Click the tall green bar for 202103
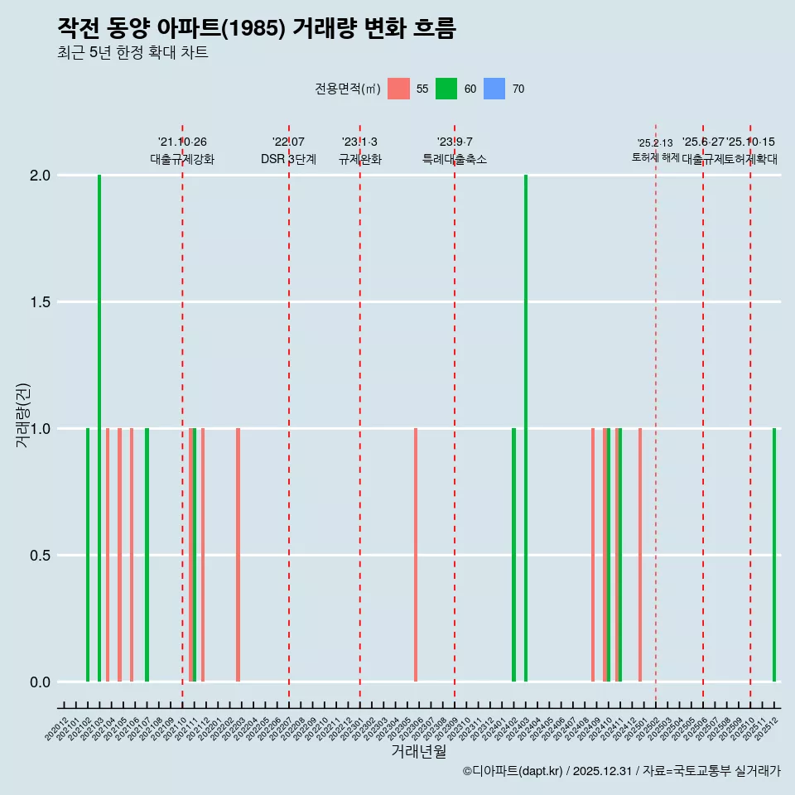(x=99, y=428)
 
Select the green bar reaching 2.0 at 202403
(x=526, y=428)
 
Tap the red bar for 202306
(x=416, y=555)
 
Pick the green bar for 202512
(x=774, y=555)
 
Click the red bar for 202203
(x=238, y=555)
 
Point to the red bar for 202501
(x=640, y=555)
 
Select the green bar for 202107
(x=147, y=555)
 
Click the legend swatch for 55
(x=398, y=89)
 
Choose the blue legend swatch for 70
(x=494, y=89)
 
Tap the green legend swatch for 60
(x=446, y=89)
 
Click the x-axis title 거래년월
(x=418, y=752)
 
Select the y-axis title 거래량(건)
(x=23, y=415)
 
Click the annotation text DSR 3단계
(x=288, y=159)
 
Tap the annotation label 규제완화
(x=360, y=159)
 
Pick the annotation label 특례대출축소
(x=455, y=159)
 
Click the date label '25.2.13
(x=655, y=143)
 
